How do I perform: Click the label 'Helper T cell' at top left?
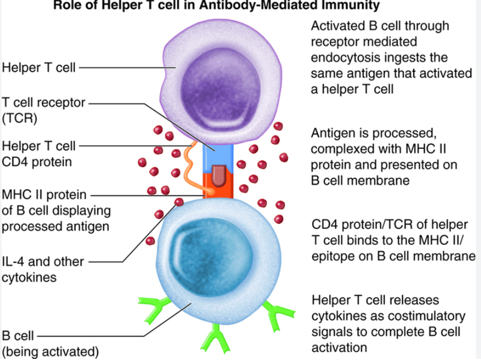(39, 68)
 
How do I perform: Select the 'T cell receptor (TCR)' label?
(43, 111)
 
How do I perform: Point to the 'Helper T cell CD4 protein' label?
(39, 154)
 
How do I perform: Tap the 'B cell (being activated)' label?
(50, 343)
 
